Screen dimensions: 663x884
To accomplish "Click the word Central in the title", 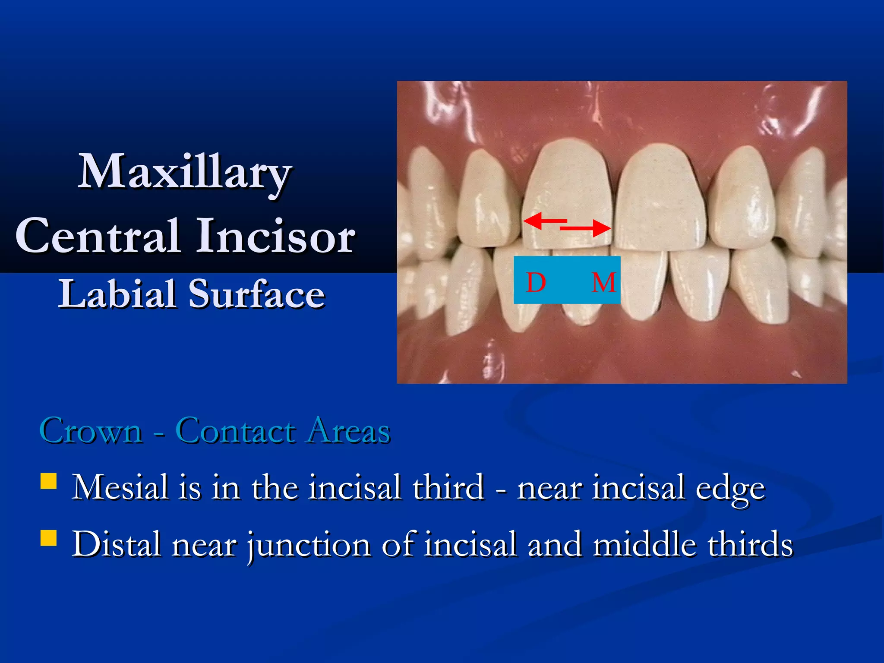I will coord(98,237).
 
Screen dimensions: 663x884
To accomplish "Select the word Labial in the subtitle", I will coord(117,294).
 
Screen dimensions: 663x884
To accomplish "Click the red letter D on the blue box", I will coord(536,283).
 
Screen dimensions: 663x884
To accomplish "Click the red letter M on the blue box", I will coord(603,283).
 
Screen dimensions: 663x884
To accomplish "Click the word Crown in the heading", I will coord(91,431).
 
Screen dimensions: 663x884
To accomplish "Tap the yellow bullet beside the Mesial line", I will coord(48,481).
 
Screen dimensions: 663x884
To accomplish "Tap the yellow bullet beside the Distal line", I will coord(48,538).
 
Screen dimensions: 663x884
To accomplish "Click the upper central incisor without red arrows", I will coord(660,194).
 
